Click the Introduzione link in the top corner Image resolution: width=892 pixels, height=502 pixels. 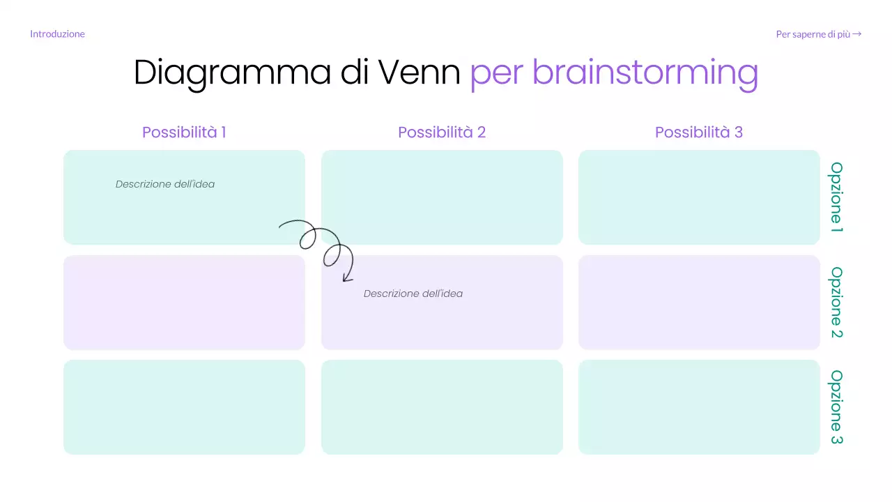tap(57, 34)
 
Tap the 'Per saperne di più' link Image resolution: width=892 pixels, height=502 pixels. tap(818, 34)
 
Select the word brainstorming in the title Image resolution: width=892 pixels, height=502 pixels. tap(645, 72)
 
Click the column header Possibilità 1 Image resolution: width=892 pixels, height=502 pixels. tap(184, 132)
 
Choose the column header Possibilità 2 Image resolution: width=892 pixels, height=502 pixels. tap(442, 132)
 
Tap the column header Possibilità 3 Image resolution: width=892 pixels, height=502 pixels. tap(699, 132)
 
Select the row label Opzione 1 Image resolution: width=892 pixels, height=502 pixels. tap(836, 197)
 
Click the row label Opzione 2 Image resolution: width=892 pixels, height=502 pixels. tap(836, 303)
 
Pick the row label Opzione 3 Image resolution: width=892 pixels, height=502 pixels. tap(836, 407)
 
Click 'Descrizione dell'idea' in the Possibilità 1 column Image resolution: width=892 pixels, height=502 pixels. tap(165, 184)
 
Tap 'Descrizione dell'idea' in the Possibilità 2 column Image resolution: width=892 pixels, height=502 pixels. tap(413, 294)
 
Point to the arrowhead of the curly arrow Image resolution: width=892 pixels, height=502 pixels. tap(346, 279)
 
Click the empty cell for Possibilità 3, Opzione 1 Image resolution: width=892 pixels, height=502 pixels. tap(699, 197)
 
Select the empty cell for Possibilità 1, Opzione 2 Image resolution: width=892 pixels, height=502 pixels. tap(184, 303)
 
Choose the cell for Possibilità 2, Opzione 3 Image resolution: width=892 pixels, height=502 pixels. tap(442, 407)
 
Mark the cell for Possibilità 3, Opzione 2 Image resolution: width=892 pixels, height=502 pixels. tap(699, 303)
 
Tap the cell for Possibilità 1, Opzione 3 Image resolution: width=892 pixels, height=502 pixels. tap(184, 407)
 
